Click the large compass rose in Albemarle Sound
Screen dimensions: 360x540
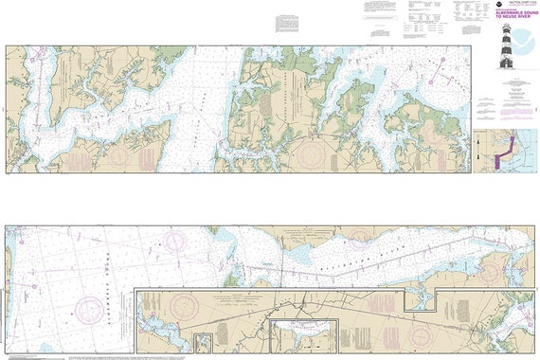[x=89, y=309]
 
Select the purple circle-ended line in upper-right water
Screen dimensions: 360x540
[x=439, y=64]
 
